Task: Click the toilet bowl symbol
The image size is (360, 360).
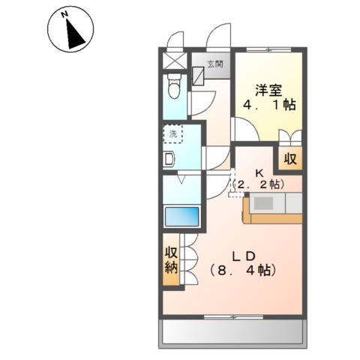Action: pos(175,90)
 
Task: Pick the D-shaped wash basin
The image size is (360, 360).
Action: pos(169,158)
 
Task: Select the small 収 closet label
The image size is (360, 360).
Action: pos(289,159)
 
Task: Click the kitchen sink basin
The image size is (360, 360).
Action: pos(265,203)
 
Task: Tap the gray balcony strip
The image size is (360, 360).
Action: pos(234,329)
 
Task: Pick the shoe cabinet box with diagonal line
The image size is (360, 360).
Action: pos(198,76)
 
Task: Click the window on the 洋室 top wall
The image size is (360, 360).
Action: pos(271,49)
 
